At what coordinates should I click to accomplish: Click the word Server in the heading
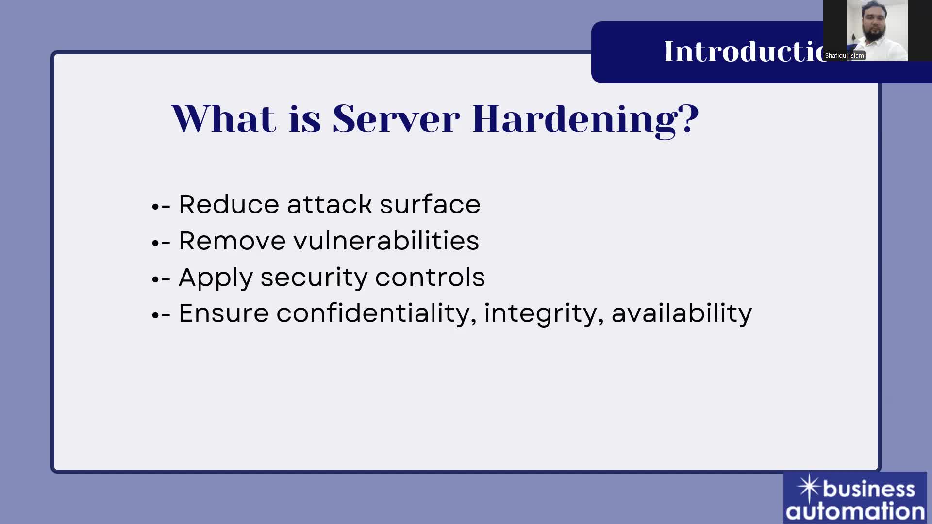(396, 119)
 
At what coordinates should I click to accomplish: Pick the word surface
(430, 204)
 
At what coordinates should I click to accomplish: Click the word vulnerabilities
(386, 241)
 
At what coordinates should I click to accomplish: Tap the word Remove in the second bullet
(233, 241)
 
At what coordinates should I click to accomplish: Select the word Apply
(216, 278)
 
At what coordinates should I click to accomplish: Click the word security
(314, 278)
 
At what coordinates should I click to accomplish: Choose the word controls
(430, 277)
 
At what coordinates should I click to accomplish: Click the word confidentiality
(376, 313)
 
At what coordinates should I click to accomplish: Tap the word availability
(682, 313)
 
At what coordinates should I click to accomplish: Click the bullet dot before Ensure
(155, 316)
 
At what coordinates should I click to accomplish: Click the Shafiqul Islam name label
(844, 56)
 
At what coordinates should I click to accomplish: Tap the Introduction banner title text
(743, 51)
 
